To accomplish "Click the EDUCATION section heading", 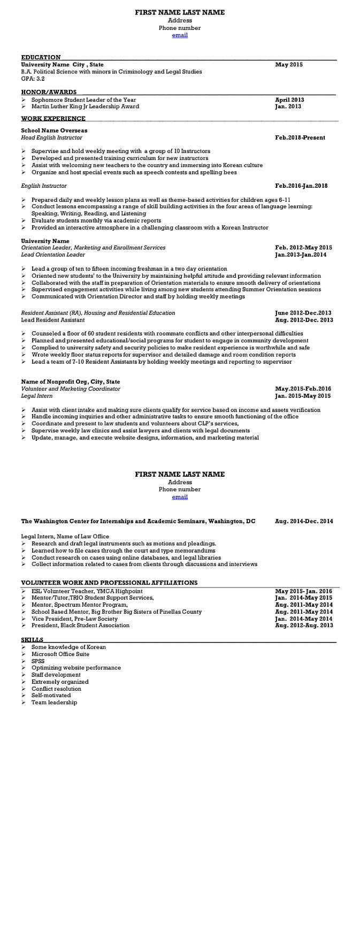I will pos(41,57).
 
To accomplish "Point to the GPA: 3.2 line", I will pos(33,79).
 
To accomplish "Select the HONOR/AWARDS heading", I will pos(49,92).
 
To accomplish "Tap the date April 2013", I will pos(289,100).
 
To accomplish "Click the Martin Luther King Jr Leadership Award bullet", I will pos(85,106).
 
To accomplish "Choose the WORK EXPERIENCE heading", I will pos(53,119).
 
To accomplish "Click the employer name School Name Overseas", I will pos(54,131).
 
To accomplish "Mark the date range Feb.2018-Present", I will pos(300,137).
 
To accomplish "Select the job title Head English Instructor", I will pos(51,137).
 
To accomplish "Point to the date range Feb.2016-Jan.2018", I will pos(301,186).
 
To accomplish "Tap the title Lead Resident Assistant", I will pos(52,320).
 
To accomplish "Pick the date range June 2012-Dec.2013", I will pos(303,313).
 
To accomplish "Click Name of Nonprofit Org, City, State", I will pos(71,382).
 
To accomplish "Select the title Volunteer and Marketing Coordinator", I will pos(71,389).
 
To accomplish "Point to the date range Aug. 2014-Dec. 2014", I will pos(304,521).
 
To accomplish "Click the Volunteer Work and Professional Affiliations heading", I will pos(109,583).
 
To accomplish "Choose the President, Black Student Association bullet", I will pos(80,625).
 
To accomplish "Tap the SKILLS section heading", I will pos(32,640).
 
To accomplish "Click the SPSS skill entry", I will pos(38,661).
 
